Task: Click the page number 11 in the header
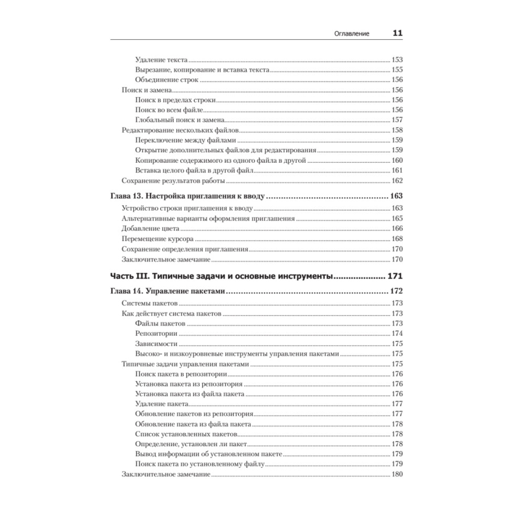coord(397,33)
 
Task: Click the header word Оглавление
coord(352,34)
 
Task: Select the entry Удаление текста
coord(161,60)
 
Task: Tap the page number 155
coord(397,70)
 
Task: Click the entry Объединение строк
coord(166,80)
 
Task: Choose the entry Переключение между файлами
coord(185,140)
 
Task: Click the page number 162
coord(397,181)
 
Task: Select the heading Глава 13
coord(126,197)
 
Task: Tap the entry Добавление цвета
coord(151,229)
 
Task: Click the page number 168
coord(397,239)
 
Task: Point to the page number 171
coord(394,276)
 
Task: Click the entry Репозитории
coord(156,333)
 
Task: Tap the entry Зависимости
coord(156,344)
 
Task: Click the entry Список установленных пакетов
coord(186,434)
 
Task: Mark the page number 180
coord(397,475)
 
